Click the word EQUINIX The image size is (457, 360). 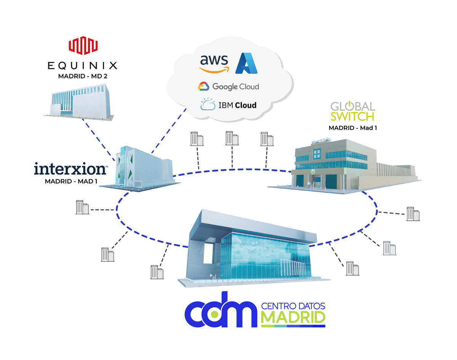[x=82, y=66]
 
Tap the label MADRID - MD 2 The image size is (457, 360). [x=82, y=76]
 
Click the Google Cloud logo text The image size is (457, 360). [x=235, y=87]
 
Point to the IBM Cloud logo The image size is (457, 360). [x=228, y=105]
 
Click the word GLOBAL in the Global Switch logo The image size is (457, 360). [x=353, y=106]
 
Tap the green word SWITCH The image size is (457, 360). [x=352, y=116]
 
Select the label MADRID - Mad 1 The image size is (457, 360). [x=353, y=128]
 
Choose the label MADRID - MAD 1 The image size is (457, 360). [x=71, y=181]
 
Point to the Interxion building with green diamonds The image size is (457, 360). [x=141, y=167]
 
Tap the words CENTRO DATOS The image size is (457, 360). [x=293, y=306]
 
